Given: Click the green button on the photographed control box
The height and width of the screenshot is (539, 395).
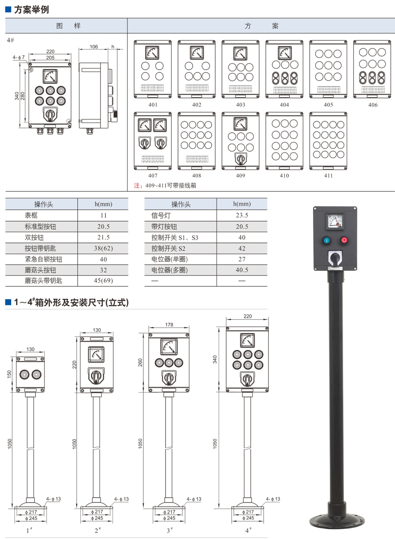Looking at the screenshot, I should click(x=326, y=240).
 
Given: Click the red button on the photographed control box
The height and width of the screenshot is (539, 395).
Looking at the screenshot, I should click(x=344, y=240).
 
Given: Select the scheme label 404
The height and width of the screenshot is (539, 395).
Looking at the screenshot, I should click(x=284, y=105).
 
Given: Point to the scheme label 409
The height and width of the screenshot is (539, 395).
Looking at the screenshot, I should click(x=241, y=175).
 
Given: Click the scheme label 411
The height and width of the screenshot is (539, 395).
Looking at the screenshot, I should click(x=328, y=175).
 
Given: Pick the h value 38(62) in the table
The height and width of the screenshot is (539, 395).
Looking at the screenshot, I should click(x=103, y=248).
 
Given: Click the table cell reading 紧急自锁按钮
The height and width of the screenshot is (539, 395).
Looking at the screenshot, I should click(x=41, y=259).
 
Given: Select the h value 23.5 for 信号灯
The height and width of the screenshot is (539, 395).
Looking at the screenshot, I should click(x=242, y=216).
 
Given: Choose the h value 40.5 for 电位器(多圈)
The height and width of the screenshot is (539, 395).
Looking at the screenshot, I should click(x=242, y=269).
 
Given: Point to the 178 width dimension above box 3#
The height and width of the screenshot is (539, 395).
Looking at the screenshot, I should click(x=169, y=325).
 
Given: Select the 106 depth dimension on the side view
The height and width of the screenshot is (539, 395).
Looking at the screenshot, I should click(x=94, y=47).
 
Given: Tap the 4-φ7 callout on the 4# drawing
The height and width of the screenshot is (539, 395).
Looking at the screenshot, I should click(x=19, y=57).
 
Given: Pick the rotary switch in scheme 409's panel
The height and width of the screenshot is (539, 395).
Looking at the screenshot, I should click(x=241, y=159).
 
